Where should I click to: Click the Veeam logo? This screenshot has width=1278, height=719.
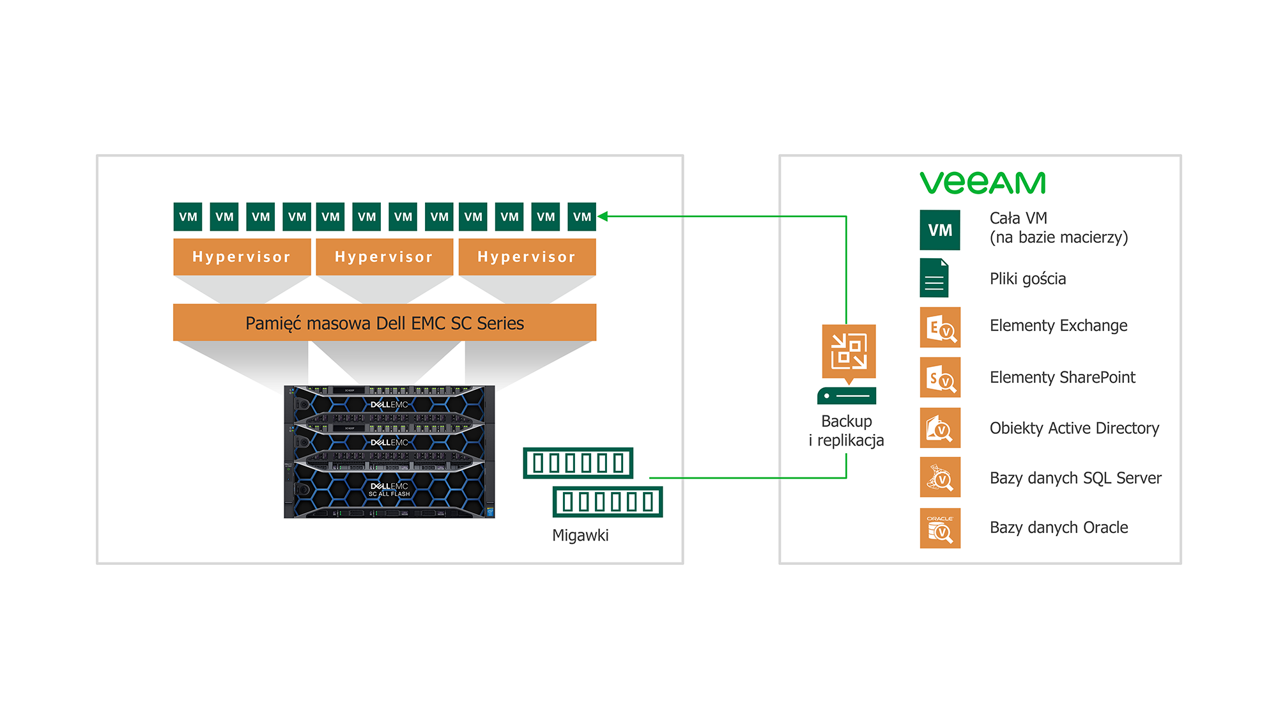tap(982, 183)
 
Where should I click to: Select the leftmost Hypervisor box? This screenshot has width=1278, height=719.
tap(242, 257)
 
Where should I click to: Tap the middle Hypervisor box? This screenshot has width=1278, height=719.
tap(384, 257)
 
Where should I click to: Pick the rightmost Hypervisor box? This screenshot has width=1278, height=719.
tap(527, 257)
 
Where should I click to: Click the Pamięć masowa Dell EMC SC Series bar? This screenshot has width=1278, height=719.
tap(384, 323)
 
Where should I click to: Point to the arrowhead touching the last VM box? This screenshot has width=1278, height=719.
tap(603, 217)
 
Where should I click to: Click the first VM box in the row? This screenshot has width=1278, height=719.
tap(188, 217)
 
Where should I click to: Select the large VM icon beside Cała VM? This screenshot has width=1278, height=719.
tap(939, 230)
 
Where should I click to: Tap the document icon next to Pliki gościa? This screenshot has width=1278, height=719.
tap(934, 278)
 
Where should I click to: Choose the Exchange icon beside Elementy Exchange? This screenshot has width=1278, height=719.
tap(940, 327)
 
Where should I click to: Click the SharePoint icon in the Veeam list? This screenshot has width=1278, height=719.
tap(940, 378)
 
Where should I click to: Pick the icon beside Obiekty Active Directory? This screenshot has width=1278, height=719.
tap(940, 428)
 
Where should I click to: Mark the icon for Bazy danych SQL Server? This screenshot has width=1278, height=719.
tap(940, 477)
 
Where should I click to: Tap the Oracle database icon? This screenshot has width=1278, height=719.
tap(940, 528)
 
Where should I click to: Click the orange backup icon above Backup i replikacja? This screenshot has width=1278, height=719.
tap(849, 352)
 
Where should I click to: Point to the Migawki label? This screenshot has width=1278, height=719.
tap(580, 536)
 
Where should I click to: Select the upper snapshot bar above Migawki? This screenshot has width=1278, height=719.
tap(578, 463)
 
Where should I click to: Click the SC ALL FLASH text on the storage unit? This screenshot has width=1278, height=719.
tap(389, 494)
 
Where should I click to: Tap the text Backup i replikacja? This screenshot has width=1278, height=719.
tap(846, 431)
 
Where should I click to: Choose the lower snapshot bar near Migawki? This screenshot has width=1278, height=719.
tap(608, 502)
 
